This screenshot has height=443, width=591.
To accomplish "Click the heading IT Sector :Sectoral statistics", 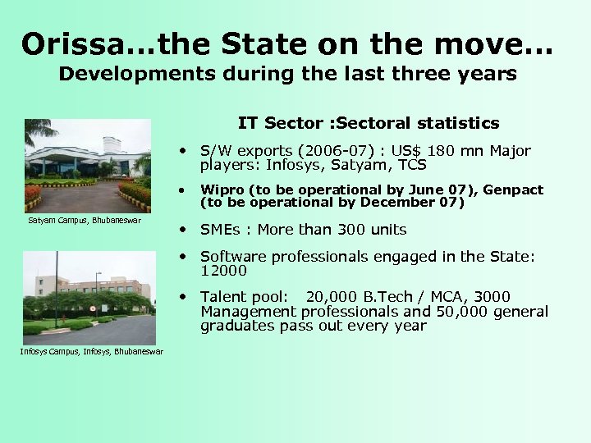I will coord(369,124).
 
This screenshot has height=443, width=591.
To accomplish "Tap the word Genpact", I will coord(513,190).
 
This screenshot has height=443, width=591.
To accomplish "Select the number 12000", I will coord(223,271).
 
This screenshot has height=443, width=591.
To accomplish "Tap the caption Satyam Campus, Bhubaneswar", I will coord(84,220).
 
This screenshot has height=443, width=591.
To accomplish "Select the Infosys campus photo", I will coord(88,297).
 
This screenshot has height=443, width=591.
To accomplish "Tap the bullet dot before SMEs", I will coord(188,230).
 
